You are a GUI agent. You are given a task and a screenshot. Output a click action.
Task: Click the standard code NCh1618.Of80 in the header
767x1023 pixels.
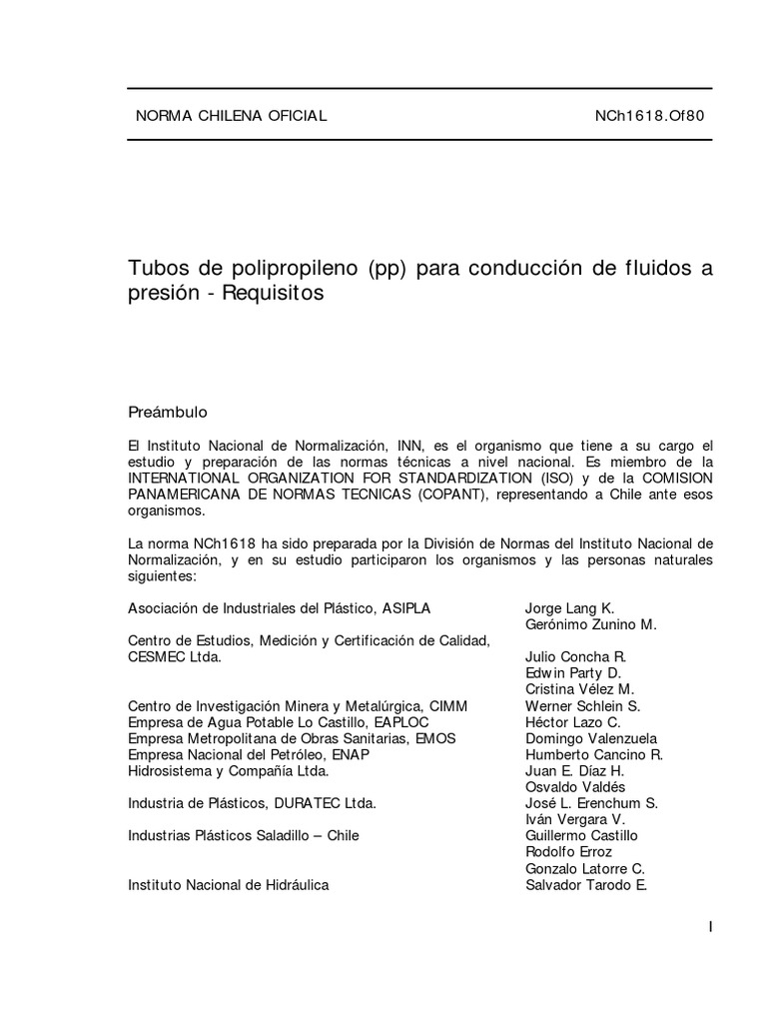coord(649,116)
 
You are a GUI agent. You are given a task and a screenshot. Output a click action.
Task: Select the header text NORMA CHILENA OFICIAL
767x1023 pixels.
coord(231,116)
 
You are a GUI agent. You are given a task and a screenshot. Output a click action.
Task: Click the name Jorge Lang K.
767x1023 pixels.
coord(569,608)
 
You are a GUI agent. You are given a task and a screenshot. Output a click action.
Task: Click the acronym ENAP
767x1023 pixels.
coord(351,755)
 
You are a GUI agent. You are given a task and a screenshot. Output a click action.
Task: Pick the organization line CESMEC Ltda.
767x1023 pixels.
coord(175,657)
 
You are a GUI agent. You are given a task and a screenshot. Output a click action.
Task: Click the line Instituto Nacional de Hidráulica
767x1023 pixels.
coord(229,884)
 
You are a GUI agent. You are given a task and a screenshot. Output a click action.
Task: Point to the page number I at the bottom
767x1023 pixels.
coord(710,927)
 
